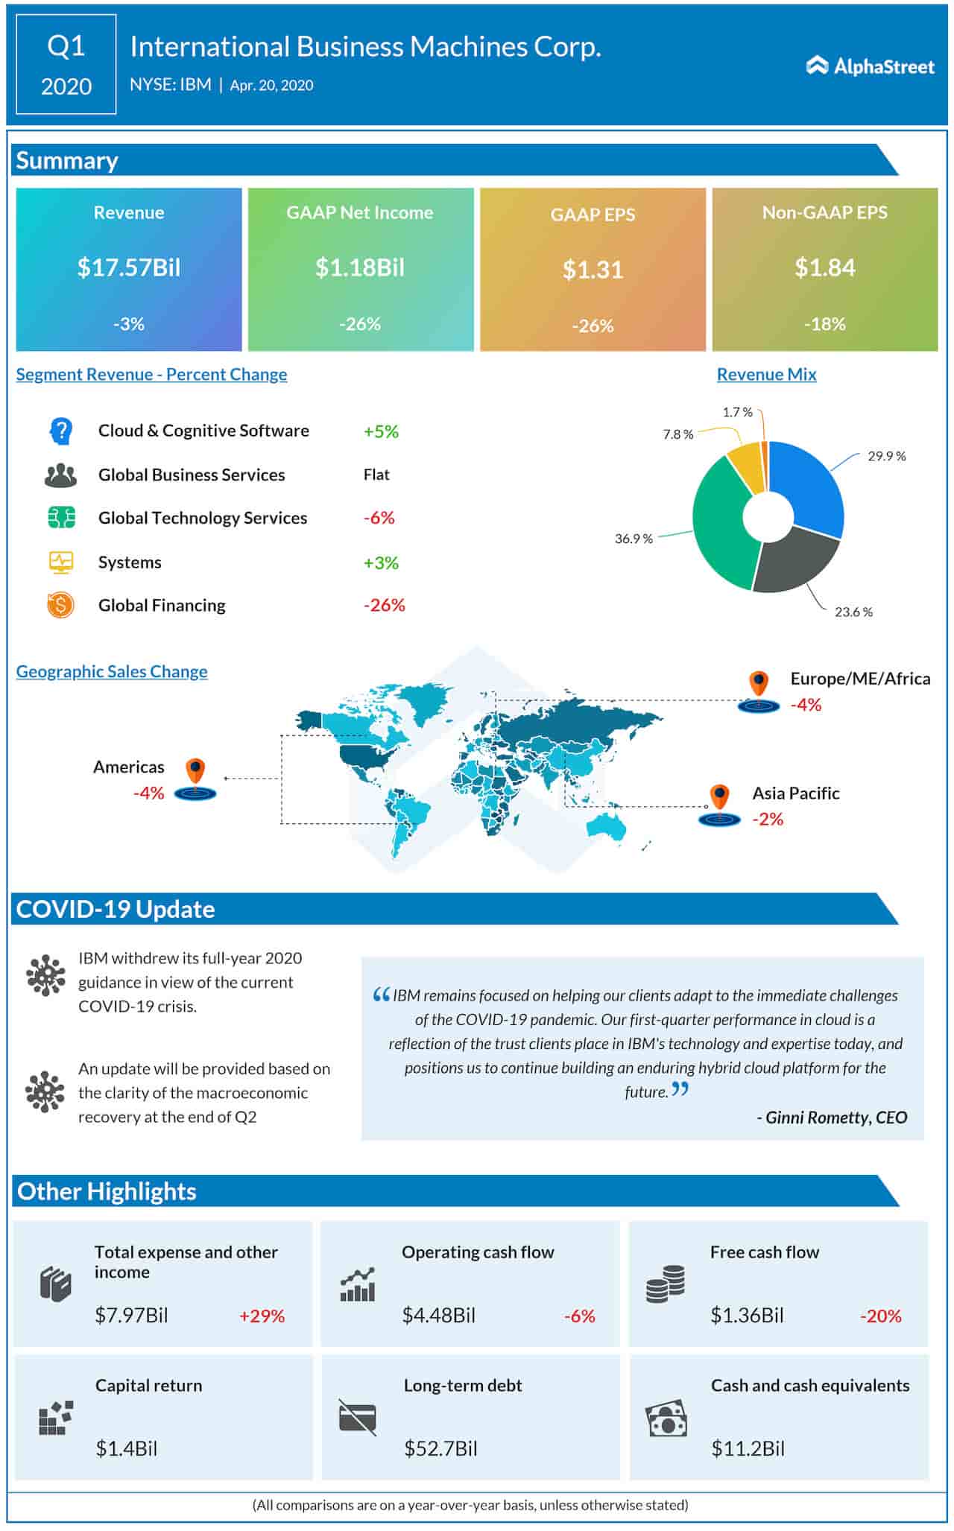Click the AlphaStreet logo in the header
[x=870, y=66]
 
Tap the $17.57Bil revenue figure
[x=129, y=267]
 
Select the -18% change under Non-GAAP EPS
[x=824, y=324]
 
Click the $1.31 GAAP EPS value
[x=593, y=270]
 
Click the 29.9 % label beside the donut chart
[x=886, y=456]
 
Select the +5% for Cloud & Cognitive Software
[x=381, y=431]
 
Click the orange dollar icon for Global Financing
[x=60, y=605]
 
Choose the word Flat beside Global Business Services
[x=376, y=475]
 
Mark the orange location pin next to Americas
[x=195, y=770]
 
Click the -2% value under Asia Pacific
[x=768, y=820]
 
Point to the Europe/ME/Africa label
[x=860, y=679]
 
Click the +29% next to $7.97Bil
[x=262, y=1316]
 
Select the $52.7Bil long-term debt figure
[x=440, y=1448]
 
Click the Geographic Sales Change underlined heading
[x=112, y=671]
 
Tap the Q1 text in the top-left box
[x=66, y=46]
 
